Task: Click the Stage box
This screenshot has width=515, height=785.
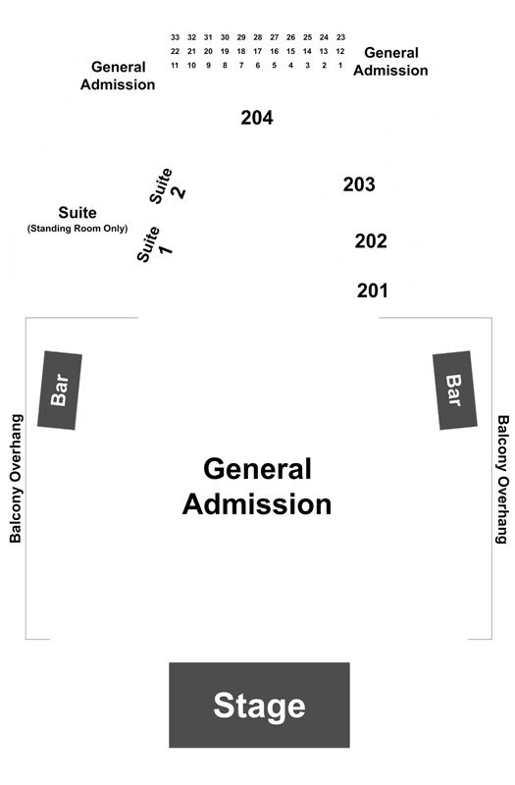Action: pyautogui.click(x=259, y=705)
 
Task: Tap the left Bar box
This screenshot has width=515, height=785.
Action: pyautogui.click(x=60, y=390)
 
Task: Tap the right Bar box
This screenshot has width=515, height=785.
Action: pyautogui.click(x=454, y=390)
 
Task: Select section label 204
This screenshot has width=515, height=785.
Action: pyautogui.click(x=257, y=118)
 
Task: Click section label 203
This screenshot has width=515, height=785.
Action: pyautogui.click(x=359, y=184)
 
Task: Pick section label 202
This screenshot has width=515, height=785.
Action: pyautogui.click(x=371, y=240)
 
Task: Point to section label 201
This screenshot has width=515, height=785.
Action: pyautogui.click(x=373, y=290)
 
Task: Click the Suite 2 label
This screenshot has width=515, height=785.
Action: pyautogui.click(x=167, y=186)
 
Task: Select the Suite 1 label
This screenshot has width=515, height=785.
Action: pyautogui.click(x=155, y=244)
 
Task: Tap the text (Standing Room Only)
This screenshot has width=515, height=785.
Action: pyautogui.click(x=77, y=229)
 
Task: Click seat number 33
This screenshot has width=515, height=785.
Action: pyautogui.click(x=175, y=37)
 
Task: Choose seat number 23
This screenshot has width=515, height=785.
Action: pyautogui.click(x=340, y=37)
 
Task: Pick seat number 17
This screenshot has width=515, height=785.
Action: pyautogui.click(x=258, y=51)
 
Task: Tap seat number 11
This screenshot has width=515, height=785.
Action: pyautogui.click(x=175, y=65)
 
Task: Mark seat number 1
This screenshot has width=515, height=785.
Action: pyautogui.click(x=340, y=65)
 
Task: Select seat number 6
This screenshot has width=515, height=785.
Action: pyautogui.click(x=258, y=65)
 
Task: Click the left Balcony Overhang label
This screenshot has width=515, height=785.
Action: pyautogui.click(x=16, y=478)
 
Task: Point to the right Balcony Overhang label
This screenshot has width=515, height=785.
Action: pyautogui.click(x=502, y=479)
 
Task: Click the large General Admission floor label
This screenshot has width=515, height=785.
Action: pyautogui.click(x=257, y=486)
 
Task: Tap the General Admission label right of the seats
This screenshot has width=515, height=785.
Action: pyautogui.click(x=390, y=62)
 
